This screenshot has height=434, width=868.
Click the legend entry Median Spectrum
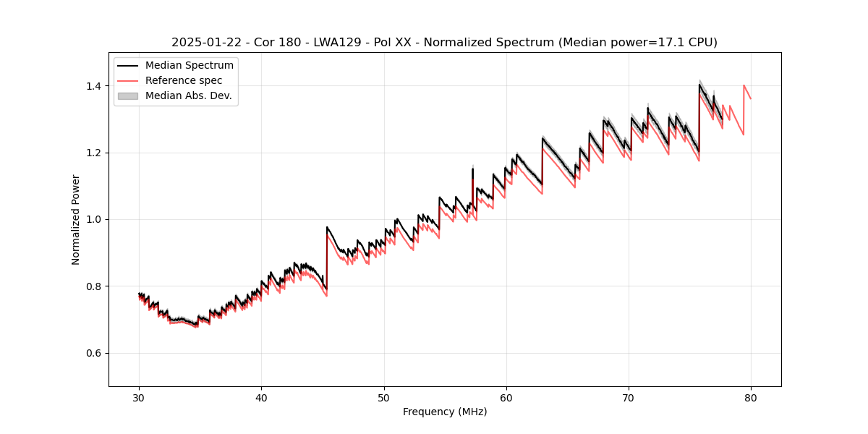190,66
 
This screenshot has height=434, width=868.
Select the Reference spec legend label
184,80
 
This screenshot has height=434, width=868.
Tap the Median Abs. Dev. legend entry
189,95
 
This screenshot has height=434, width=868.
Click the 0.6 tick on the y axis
94,353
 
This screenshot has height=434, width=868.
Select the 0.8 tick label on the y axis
94,286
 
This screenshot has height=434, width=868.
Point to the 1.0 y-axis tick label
94,219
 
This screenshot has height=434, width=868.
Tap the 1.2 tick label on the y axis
94,153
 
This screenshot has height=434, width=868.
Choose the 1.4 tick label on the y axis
94,86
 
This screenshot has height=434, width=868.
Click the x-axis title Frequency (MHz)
445,412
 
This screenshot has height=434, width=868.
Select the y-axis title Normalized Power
76,219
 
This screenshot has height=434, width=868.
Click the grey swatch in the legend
128,95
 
